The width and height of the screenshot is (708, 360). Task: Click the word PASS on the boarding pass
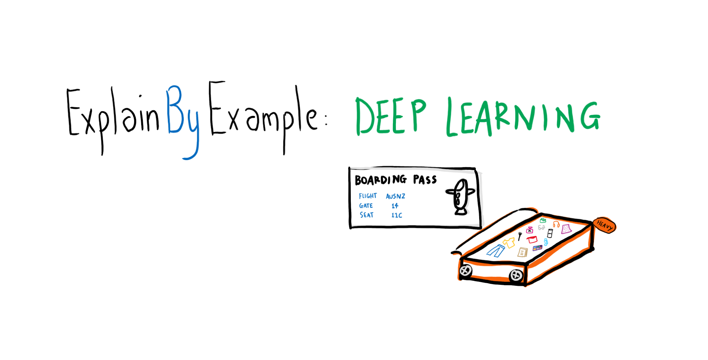tap(425, 180)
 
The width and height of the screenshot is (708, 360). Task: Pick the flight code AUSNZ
tap(396, 196)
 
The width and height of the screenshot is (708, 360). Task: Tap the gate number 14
tap(395, 206)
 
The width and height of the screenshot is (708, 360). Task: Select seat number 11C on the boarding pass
tap(397, 215)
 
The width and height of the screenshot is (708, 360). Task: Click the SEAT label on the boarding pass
tap(367, 215)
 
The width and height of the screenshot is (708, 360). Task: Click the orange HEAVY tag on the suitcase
tap(605, 225)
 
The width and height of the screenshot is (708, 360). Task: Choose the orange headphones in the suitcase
tap(556, 224)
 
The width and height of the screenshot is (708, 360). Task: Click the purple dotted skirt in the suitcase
tap(566, 229)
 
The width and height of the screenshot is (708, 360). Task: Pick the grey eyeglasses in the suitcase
tap(541, 228)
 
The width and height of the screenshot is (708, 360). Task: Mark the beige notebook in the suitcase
tap(523, 252)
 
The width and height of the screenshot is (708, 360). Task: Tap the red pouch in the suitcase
tap(532, 239)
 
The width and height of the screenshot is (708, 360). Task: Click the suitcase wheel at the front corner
tap(516, 275)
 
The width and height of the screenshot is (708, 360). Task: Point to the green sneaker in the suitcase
tap(543, 220)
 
